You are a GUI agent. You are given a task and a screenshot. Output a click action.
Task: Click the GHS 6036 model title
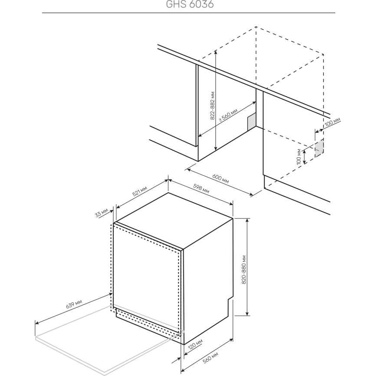[190, 4]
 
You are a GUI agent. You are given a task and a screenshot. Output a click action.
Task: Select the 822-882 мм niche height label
[212, 106]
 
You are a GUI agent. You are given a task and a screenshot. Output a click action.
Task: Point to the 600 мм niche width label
[221, 178]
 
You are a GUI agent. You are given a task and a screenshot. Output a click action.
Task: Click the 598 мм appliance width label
[201, 188]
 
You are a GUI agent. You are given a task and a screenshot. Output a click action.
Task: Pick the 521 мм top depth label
[139, 191]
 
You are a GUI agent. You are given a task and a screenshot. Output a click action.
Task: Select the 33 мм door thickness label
[102, 213]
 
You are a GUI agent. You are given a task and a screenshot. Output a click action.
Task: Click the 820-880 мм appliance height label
[244, 270]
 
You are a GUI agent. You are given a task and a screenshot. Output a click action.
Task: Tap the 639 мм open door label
[74, 304]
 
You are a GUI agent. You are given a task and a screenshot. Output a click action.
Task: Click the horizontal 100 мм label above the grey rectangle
[332, 122]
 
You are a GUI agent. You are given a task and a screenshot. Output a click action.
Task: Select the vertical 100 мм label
[299, 157]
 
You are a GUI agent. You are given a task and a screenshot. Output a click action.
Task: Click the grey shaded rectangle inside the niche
[251, 122]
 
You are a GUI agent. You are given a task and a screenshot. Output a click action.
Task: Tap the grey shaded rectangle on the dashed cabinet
[319, 149]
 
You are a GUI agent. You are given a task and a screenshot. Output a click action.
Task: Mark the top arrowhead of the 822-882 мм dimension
[216, 51]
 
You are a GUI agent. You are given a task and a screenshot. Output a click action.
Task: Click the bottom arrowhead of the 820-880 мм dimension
[247, 314]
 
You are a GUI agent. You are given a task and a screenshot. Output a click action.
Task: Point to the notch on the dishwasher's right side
[230, 298]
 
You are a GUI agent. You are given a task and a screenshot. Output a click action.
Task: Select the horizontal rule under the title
[188, 13]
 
